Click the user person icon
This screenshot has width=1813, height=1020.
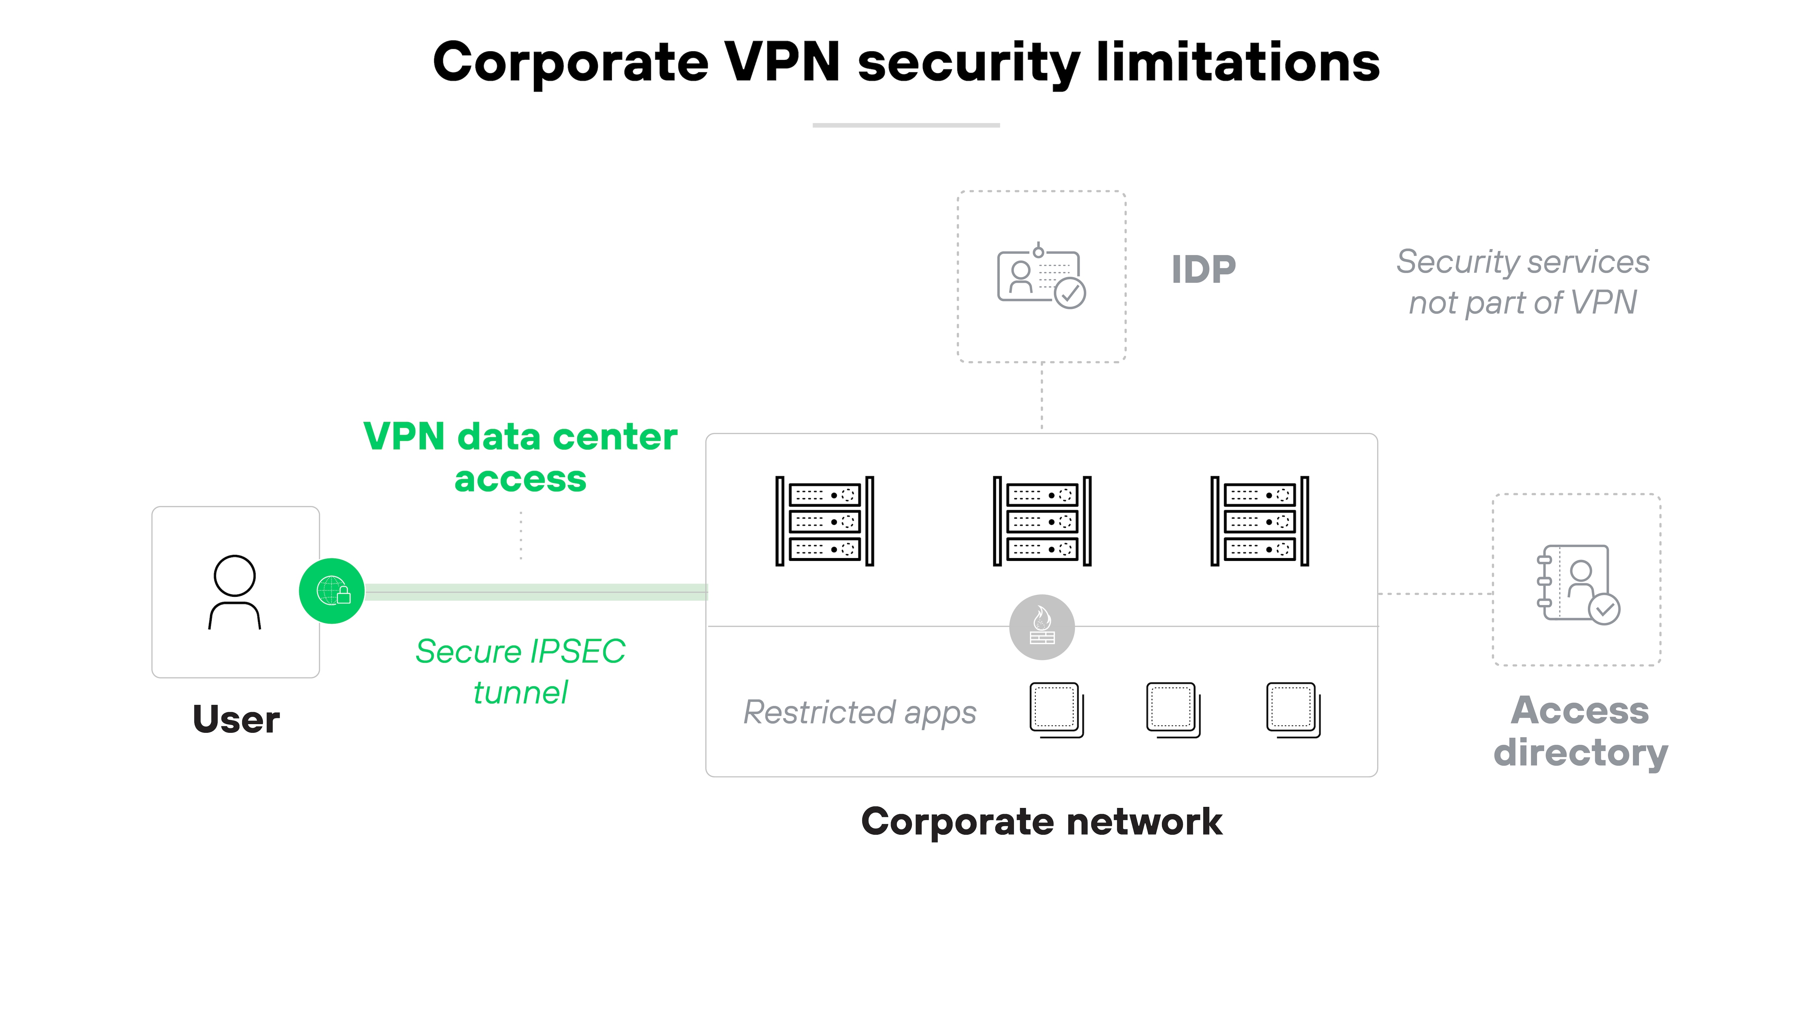(x=234, y=591)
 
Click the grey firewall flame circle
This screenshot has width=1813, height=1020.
(x=1042, y=627)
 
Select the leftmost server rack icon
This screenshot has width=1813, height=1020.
(x=824, y=521)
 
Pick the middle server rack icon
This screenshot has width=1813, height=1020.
(x=1042, y=521)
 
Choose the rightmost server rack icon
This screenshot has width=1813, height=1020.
(x=1259, y=521)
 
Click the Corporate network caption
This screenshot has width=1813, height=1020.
(x=1042, y=822)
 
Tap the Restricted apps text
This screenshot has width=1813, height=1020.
(x=859, y=713)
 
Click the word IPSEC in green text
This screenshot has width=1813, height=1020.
(x=577, y=651)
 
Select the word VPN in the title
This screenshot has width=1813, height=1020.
(x=782, y=62)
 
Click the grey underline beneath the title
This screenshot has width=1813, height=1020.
(x=906, y=125)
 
